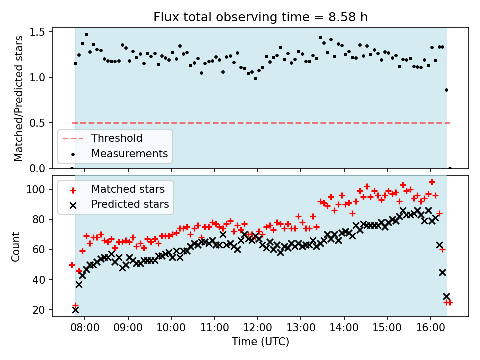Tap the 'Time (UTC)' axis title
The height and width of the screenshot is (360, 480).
(x=260, y=342)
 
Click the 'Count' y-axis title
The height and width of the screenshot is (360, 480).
(x=16, y=246)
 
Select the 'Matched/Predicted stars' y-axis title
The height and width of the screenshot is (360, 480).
(x=19, y=98)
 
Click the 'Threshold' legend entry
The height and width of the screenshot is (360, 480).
(x=117, y=138)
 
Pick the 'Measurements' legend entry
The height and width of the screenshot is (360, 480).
(x=129, y=153)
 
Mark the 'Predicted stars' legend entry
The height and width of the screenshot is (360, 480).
(x=130, y=204)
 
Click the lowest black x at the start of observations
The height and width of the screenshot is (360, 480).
(x=75, y=310)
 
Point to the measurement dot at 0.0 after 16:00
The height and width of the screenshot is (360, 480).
(x=450, y=168)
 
